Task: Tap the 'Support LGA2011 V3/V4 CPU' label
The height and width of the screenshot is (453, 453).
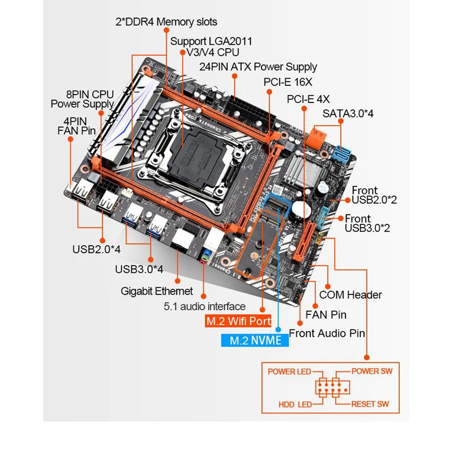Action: tap(211, 46)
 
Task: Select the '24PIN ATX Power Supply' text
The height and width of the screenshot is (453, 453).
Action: tap(258, 67)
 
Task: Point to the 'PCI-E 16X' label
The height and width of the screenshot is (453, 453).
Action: tap(288, 82)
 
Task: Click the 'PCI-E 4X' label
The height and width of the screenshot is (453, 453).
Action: tap(308, 99)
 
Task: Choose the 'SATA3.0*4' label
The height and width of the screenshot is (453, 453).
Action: tap(348, 113)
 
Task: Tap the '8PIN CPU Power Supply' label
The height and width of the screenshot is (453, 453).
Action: tap(82, 99)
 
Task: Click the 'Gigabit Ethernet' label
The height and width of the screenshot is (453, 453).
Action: tap(157, 291)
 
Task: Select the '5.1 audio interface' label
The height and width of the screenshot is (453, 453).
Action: tap(204, 306)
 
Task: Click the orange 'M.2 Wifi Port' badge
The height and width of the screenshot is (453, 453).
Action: tap(238, 321)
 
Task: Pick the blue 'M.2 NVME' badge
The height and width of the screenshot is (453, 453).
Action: tap(255, 341)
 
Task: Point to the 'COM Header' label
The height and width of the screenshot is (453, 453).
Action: tap(351, 294)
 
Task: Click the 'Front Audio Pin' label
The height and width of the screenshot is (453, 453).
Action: tap(327, 333)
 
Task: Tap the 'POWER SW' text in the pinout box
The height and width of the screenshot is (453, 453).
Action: tap(372, 371)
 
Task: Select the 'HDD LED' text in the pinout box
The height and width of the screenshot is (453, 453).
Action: tap(296, 405)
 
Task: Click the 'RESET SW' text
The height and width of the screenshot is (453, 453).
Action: tap(370, 404)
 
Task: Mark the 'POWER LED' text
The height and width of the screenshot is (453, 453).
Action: tap(289, 371)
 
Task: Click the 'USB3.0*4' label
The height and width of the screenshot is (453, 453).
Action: tap(139, 268)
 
